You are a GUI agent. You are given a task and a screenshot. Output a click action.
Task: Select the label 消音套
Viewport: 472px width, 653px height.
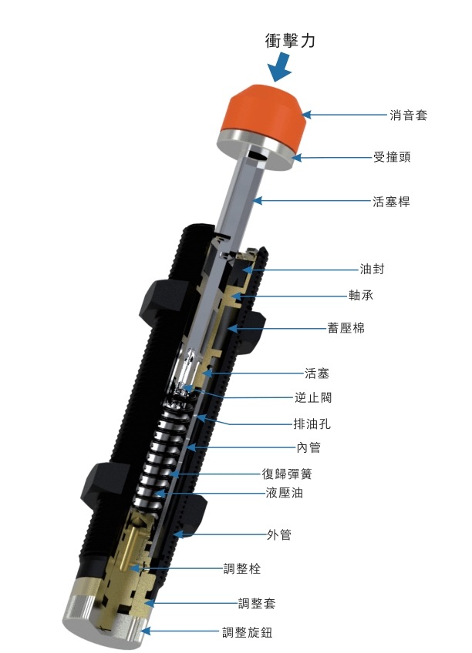408,116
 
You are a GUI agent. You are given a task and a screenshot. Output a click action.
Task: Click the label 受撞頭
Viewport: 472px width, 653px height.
392,157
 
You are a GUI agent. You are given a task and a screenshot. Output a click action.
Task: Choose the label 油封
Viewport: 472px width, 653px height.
372,270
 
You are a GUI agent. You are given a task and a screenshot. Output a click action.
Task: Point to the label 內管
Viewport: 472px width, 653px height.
308,447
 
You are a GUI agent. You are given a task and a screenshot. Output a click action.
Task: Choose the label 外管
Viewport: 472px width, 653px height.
278,534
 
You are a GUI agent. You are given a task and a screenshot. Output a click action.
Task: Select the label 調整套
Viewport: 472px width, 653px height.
257,603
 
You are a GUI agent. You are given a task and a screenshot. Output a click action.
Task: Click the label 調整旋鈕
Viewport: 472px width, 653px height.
247,633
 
